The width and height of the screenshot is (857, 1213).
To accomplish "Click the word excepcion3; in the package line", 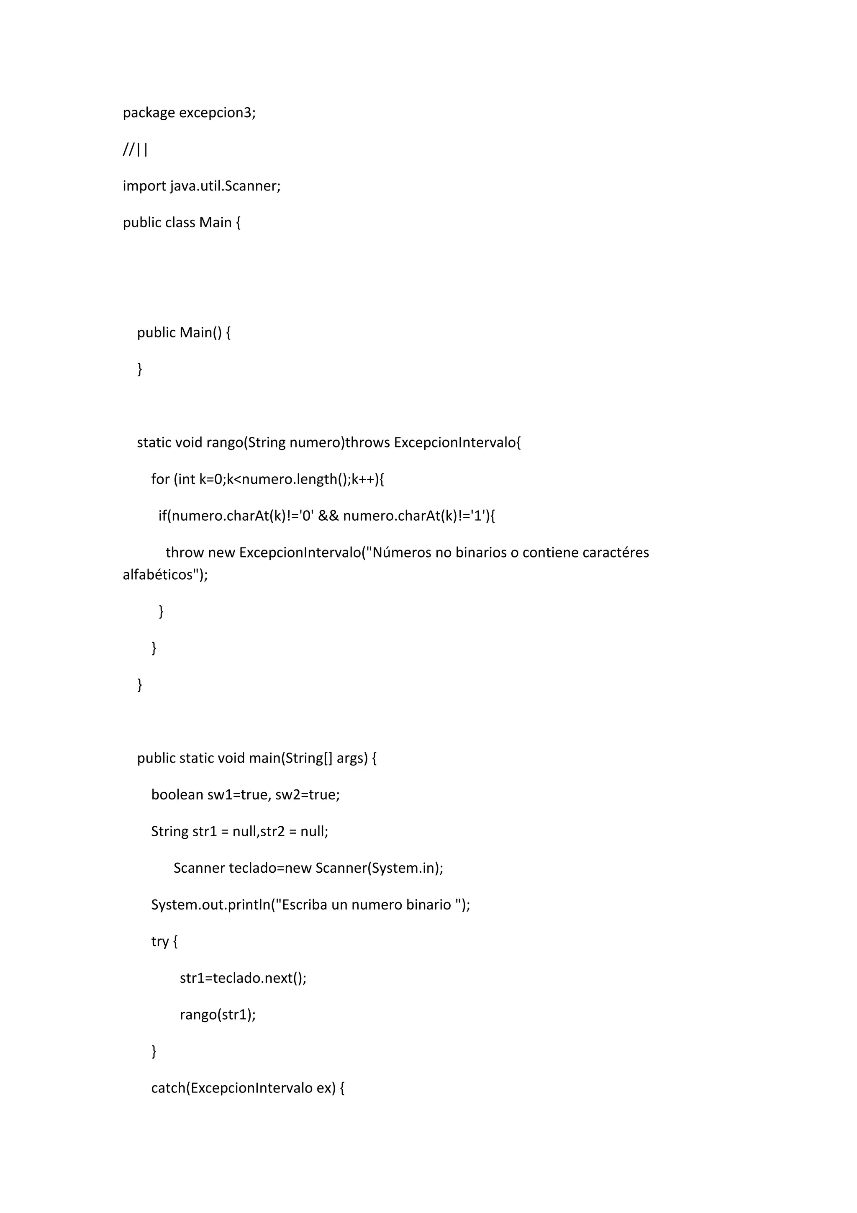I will (x=217, y=113).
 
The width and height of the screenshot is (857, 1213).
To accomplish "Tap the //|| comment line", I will (x=135, y=150).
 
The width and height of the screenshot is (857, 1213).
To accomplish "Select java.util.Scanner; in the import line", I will (x=225, y=186).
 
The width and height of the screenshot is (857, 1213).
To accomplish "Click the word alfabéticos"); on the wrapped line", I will (x=165, y=575).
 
